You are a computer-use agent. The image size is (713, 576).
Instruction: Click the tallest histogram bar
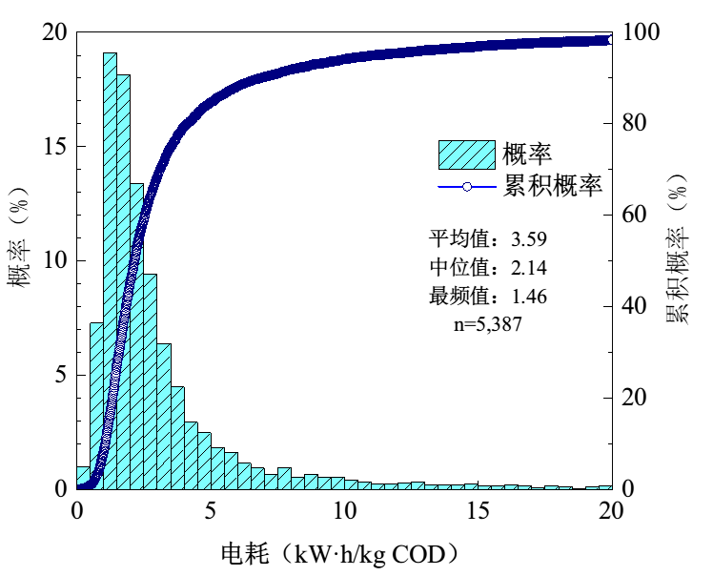point(110,271)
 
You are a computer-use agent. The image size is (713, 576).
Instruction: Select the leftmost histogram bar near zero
point(83,478)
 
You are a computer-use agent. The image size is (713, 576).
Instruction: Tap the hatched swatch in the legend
point(466,155)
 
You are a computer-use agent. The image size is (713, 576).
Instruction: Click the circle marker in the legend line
point(467,187)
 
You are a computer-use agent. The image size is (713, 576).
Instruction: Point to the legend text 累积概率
point(553,186)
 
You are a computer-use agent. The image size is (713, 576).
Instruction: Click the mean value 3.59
point(529,238)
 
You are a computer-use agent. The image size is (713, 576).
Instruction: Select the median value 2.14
point(529,268)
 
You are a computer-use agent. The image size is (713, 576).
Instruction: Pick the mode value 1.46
point(529,297)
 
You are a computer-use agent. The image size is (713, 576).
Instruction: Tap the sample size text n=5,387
point(488,324)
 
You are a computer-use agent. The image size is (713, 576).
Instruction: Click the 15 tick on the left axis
point(55,147)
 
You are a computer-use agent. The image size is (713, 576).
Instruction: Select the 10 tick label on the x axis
point(345,511)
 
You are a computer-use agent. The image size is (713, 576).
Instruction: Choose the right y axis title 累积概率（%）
point(678,249)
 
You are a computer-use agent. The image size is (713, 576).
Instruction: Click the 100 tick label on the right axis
point(641,31)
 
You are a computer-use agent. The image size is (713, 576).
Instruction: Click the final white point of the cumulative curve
point(610,40)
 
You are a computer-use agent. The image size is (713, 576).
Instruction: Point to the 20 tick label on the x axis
point(611,511)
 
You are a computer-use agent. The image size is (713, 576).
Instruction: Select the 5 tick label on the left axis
point(61,376)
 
